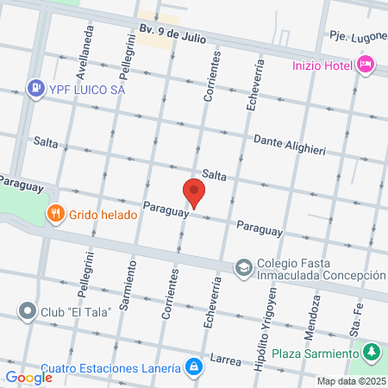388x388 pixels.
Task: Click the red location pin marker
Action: click(x=193, y=193)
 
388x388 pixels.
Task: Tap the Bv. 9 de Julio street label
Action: click(x=172, y=34)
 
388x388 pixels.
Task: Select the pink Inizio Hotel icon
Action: click(x=366, y=64)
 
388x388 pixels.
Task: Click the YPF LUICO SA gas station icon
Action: click(x=35, y=87)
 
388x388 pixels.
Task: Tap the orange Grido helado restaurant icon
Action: click(x=56, y=212)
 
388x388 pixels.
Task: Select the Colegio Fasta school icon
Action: click(x=244, y=267)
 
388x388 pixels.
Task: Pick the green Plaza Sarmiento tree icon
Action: click(x=372, y=353)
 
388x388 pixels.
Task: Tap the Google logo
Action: click(x=28, y=377)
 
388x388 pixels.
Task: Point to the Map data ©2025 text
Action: click(x=349, y=381)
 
